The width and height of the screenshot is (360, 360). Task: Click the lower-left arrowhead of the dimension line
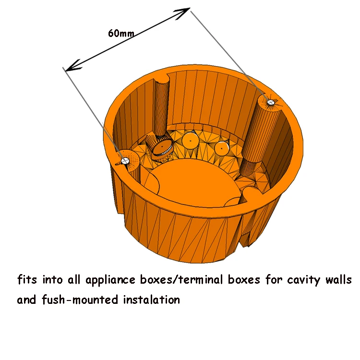(69, 67)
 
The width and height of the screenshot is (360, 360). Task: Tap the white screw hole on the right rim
(270, 102)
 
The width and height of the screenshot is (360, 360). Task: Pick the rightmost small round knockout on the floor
(221, 148)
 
